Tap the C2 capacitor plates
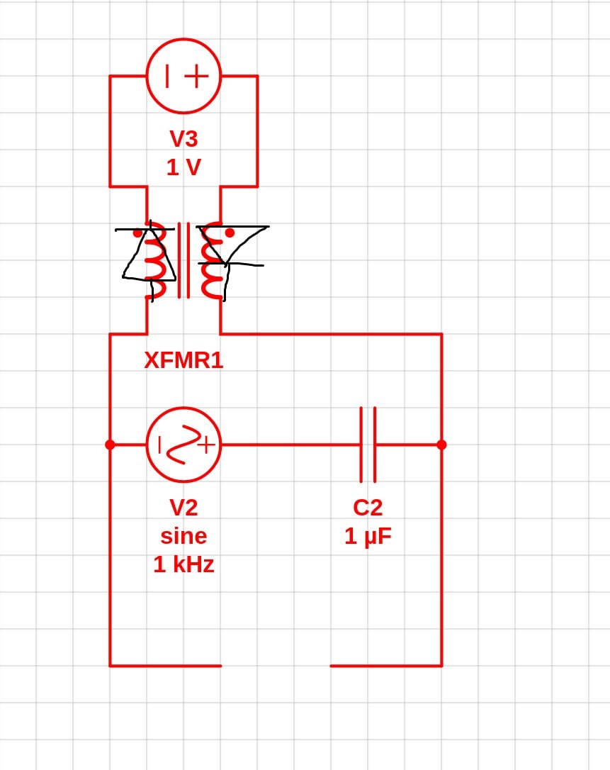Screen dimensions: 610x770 (368, 445)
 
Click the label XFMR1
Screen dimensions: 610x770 (183, 360)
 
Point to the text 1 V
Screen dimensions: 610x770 (183, 167)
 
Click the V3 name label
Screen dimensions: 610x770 (183, 138)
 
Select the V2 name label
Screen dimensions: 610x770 (183, 507)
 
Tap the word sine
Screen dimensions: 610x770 (183, 536)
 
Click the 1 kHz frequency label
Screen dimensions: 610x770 (183, 564)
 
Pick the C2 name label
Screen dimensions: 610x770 (368, 507)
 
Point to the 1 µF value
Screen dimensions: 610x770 (368, 536)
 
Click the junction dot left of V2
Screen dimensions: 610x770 (110, 445)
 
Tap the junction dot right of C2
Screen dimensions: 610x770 (441, 445)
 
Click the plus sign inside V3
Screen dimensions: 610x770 (197, 76)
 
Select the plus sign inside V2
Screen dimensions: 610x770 (207, 445)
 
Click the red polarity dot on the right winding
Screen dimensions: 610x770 (229, 233)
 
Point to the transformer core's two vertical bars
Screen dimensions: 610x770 (183, 260)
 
